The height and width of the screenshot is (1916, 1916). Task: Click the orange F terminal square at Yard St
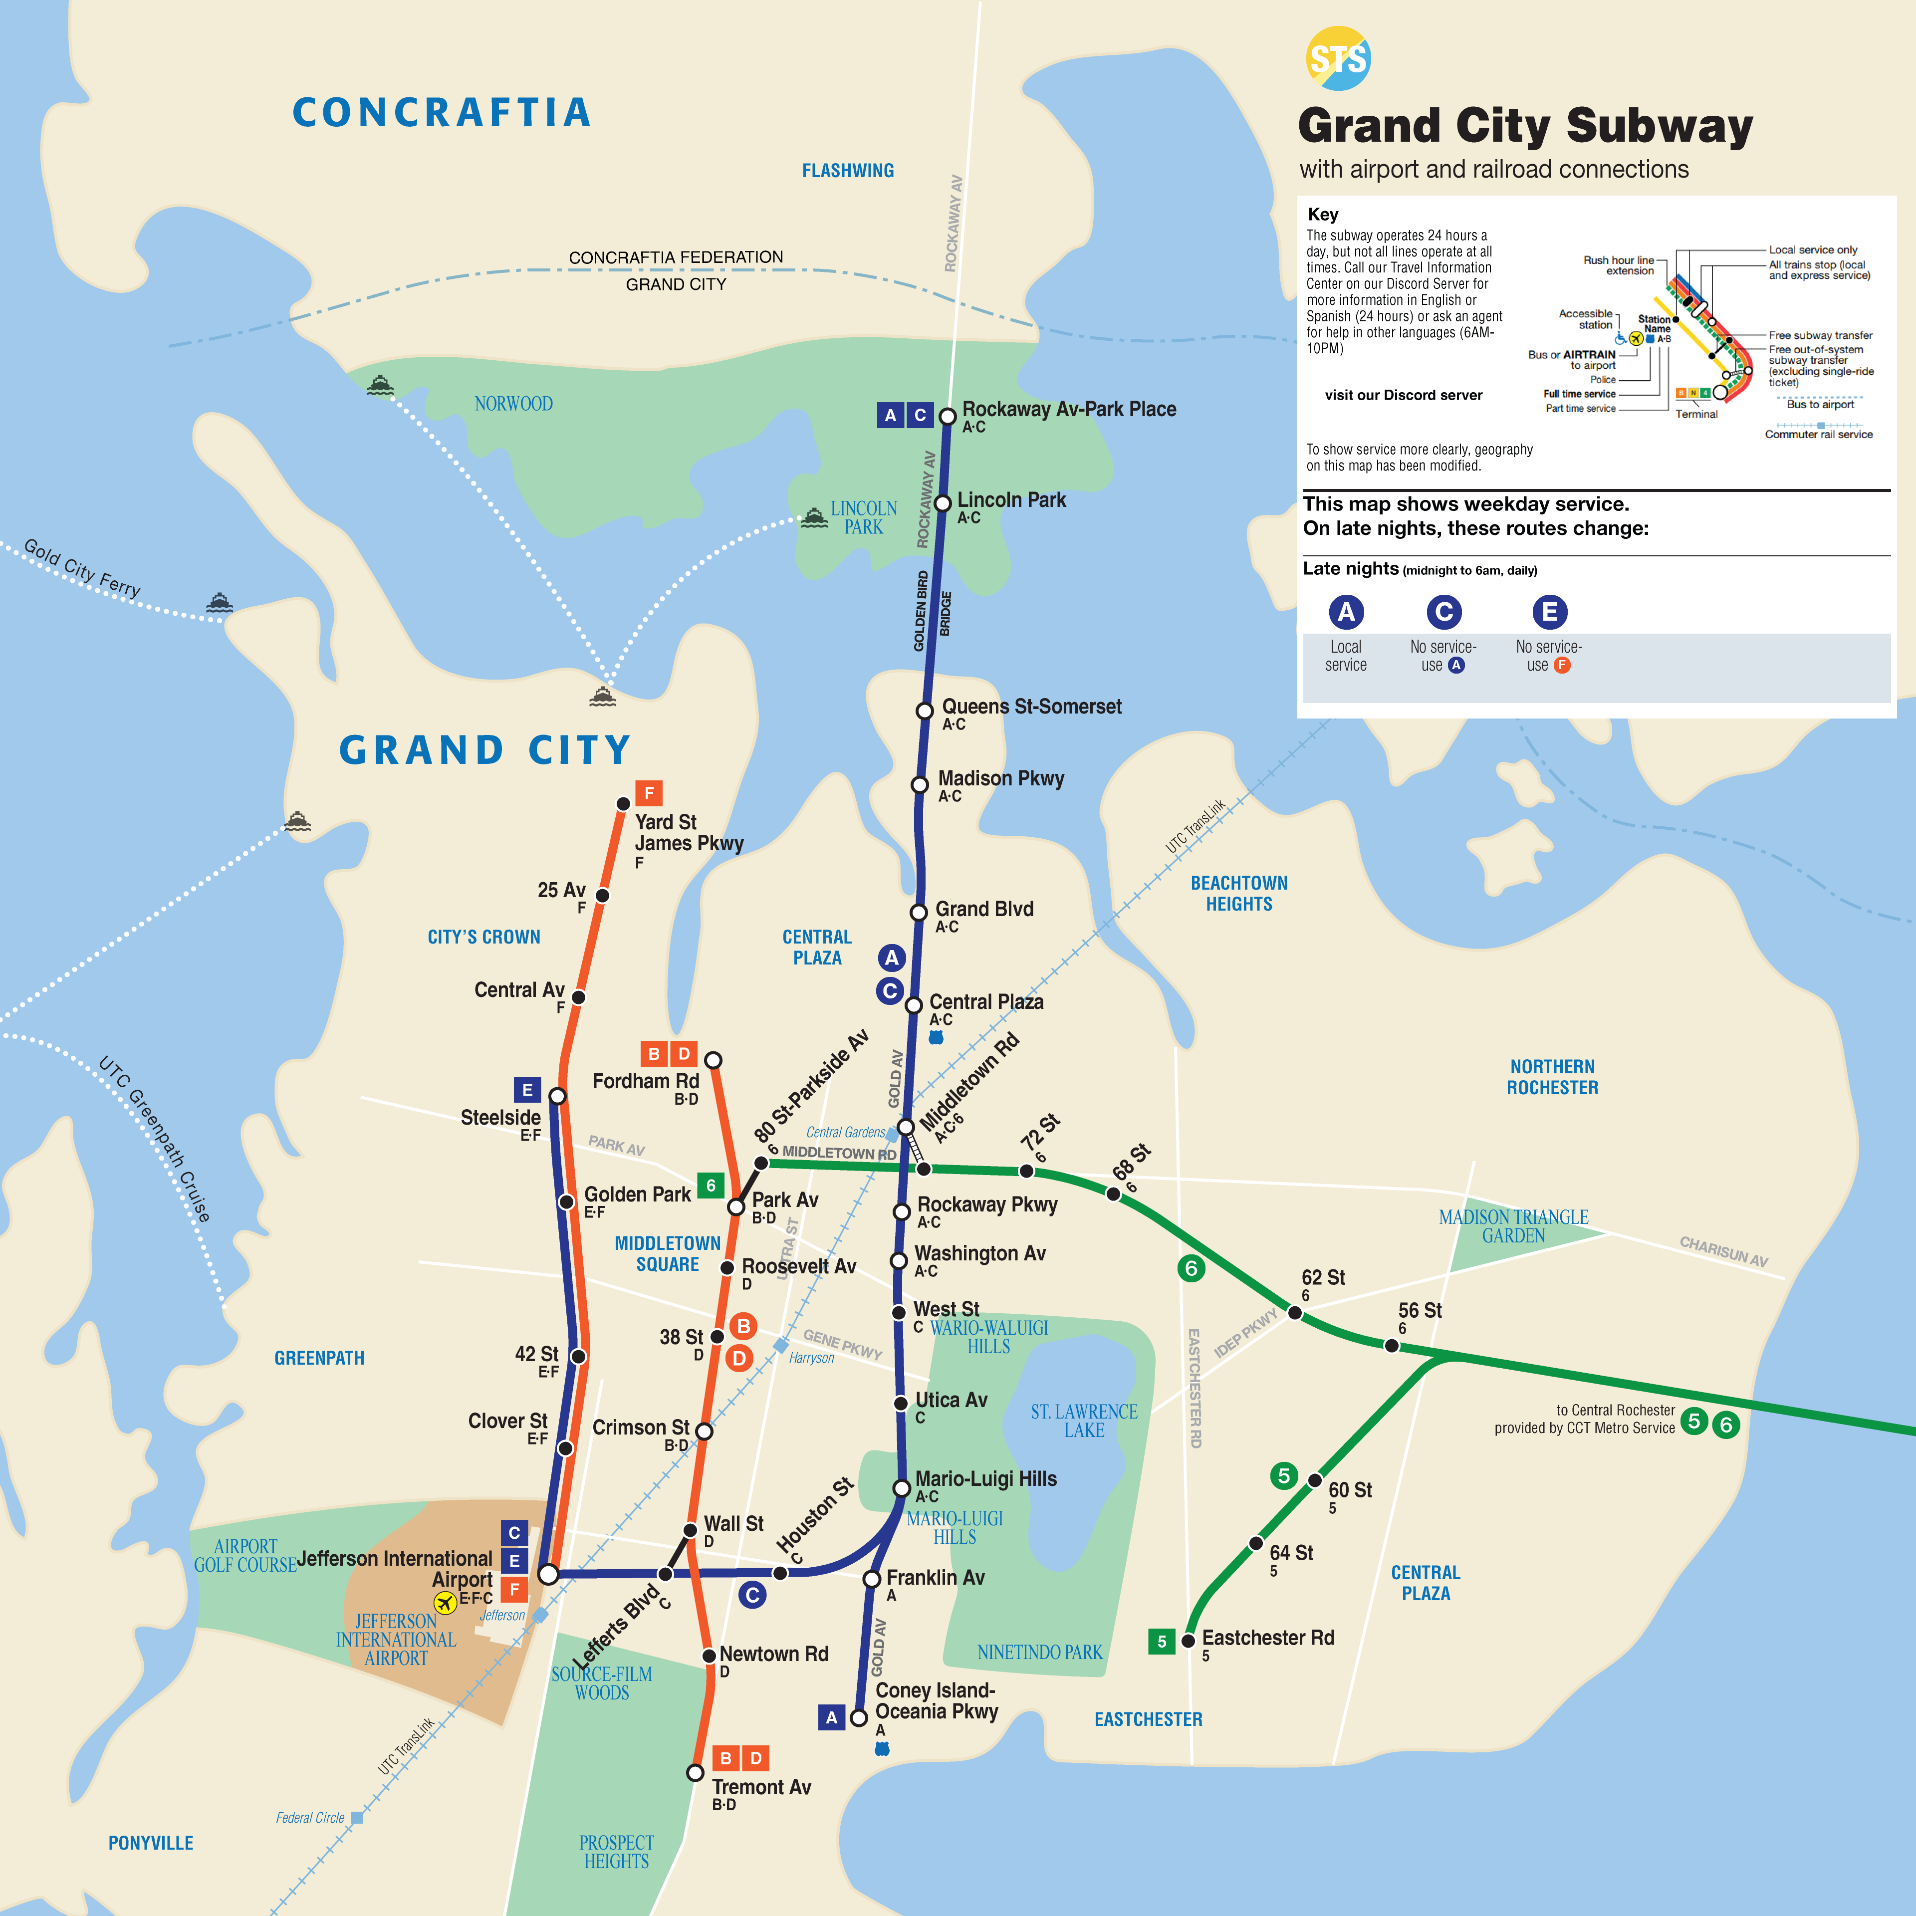click(649, 792)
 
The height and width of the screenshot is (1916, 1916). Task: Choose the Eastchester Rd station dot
click(1188, 1641)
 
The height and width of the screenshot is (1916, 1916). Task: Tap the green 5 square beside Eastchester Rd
click(1161, 1641)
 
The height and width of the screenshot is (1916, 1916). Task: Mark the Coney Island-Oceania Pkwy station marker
click(859, 1718)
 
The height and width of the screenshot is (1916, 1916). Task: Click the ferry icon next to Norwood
click(380, 385)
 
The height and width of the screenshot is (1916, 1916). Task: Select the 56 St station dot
click(1392, 1346)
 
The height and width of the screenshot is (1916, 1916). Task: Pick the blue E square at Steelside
click(526, 1090)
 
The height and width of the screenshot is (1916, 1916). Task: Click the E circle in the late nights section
click(1549, 612)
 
